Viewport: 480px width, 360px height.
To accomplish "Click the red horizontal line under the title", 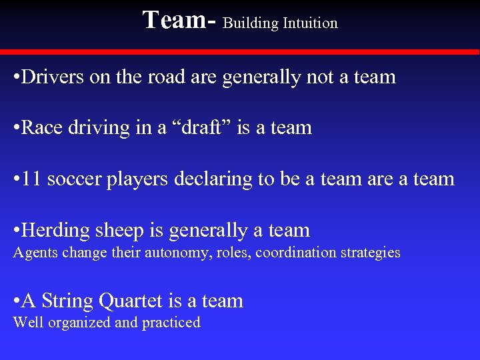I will click(x=240, y=51).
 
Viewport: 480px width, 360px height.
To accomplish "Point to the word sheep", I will click(x=119, y=230).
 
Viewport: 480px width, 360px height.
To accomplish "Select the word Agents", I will click(x=35, y=253).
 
